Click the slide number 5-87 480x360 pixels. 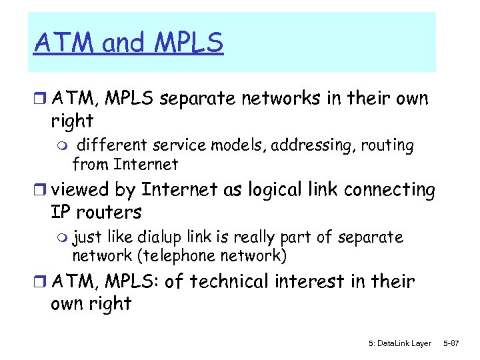451,343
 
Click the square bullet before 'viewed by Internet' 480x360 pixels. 41,191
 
